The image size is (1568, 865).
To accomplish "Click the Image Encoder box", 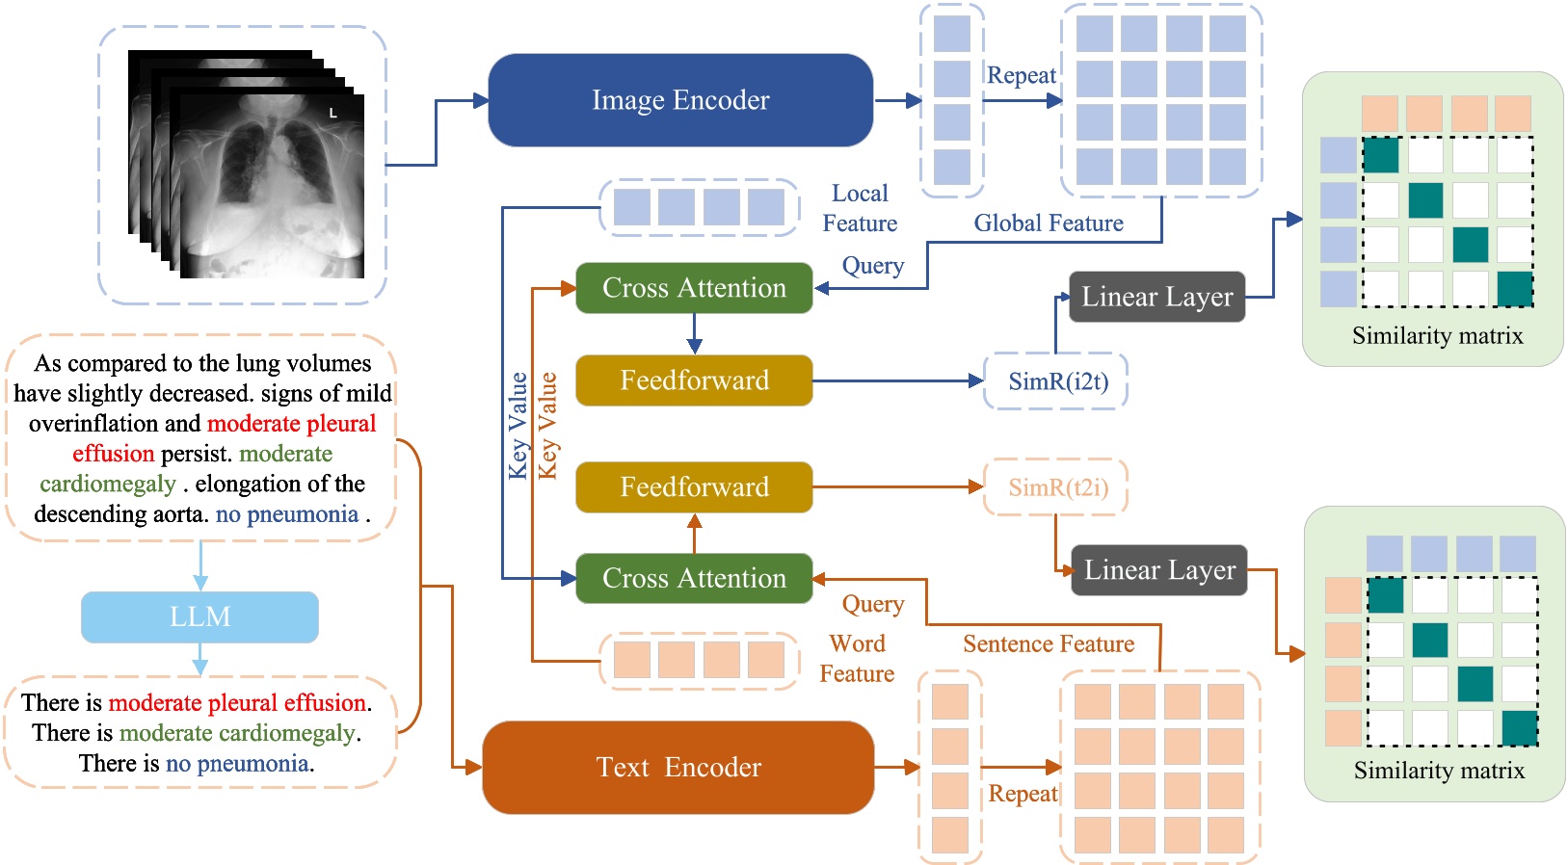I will click(680, 100).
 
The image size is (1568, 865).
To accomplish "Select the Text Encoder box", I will click(678, 767).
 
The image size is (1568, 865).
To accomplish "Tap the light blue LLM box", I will click(199, 616).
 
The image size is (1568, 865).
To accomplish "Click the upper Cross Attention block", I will click(694, 288).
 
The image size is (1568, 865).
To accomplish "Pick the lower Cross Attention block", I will click(694, 578).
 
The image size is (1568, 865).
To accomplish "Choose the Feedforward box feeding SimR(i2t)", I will click(694, 380).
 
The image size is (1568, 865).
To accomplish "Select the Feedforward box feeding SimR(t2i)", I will click(694, 486).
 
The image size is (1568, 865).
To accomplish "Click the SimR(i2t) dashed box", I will click(1057, 381).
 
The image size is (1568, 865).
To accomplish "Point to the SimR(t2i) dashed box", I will click(1057, 487).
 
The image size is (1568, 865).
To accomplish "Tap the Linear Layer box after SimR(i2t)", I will click(1156, 297).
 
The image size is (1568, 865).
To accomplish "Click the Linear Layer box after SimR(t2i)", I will click(1159, 570).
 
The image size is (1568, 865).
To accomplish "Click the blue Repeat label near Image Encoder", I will click(1022, 75).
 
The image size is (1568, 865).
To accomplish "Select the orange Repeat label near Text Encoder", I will click(1023, 794).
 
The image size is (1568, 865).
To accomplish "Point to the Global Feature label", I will click(1049, 223).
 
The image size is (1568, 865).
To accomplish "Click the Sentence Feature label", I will click(1049, 644).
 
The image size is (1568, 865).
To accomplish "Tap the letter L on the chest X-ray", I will click(333, 113).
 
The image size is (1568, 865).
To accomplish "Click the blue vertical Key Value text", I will click(518, 426).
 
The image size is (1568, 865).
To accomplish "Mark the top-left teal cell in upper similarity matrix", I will click(1380, 155).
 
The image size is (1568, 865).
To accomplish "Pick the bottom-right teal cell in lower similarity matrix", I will click(1519, 728).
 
